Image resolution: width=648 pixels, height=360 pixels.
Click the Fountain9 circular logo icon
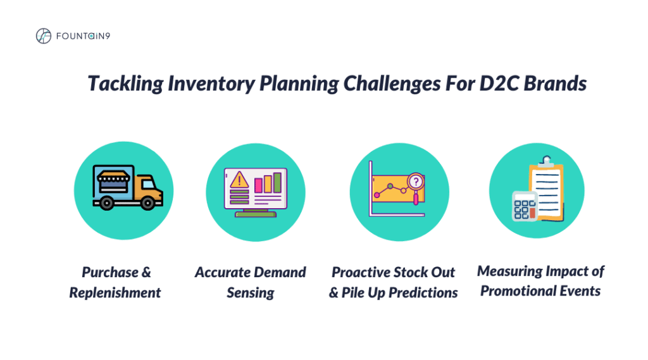tap(44, 36)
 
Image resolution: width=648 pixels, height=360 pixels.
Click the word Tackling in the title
tap(126, 84)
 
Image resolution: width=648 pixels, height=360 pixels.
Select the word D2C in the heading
tap(499, 84)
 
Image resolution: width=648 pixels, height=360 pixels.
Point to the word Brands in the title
tap(555, 84)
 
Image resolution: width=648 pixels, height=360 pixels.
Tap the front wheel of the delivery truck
tap(147, 203)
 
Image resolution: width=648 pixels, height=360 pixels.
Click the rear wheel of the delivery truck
tap(106, 203)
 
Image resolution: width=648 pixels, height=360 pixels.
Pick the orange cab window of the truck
tap(148, 183)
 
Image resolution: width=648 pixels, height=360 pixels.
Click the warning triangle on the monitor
tap(239, 180)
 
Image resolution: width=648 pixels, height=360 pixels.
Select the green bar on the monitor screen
tap(277, 182)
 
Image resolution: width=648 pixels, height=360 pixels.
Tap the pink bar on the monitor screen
tap(258, 185)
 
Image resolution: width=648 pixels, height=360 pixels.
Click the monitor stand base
tap(256, 214)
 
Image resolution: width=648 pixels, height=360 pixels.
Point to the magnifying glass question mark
tap(416, 181)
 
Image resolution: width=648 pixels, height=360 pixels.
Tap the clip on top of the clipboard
tap(547, 161)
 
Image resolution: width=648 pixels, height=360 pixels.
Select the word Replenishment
tap(115, 293)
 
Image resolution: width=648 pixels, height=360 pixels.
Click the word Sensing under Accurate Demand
tap(251, 293)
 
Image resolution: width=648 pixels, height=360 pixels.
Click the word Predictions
tap(423, 293)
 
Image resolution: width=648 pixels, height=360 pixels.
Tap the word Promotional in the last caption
tap(516, 291)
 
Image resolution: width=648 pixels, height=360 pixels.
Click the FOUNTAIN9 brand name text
tap(83, 36)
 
